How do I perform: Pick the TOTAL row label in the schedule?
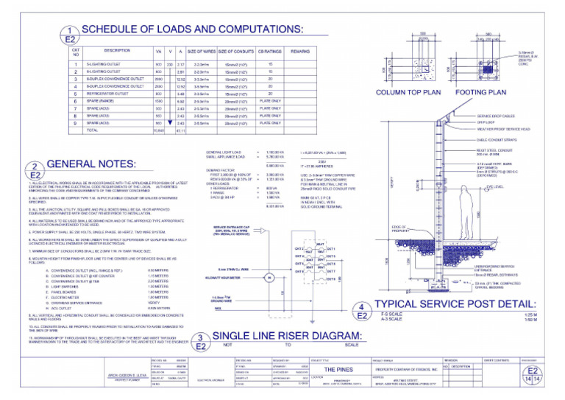click(93, 130)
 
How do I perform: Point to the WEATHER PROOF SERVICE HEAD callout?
click(508, 128)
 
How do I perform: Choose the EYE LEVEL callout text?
click(494, 188)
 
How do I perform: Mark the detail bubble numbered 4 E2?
click(362, 312)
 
